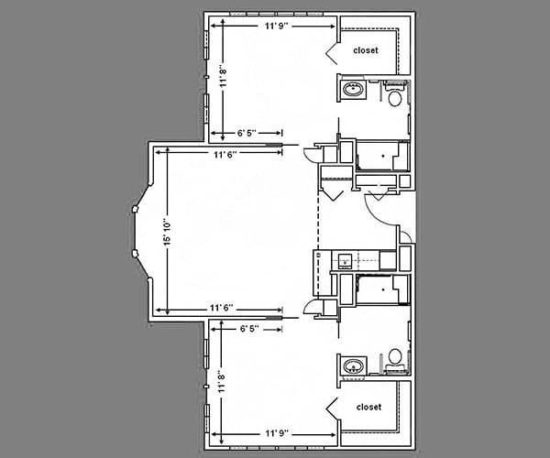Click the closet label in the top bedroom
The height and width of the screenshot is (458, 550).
[367, 51]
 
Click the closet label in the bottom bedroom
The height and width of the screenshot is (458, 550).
[368, 407]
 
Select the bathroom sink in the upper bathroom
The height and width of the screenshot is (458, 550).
[352, 91]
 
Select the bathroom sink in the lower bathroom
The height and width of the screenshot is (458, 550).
[352, 367]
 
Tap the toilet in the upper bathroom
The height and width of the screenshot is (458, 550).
[395, 97]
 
